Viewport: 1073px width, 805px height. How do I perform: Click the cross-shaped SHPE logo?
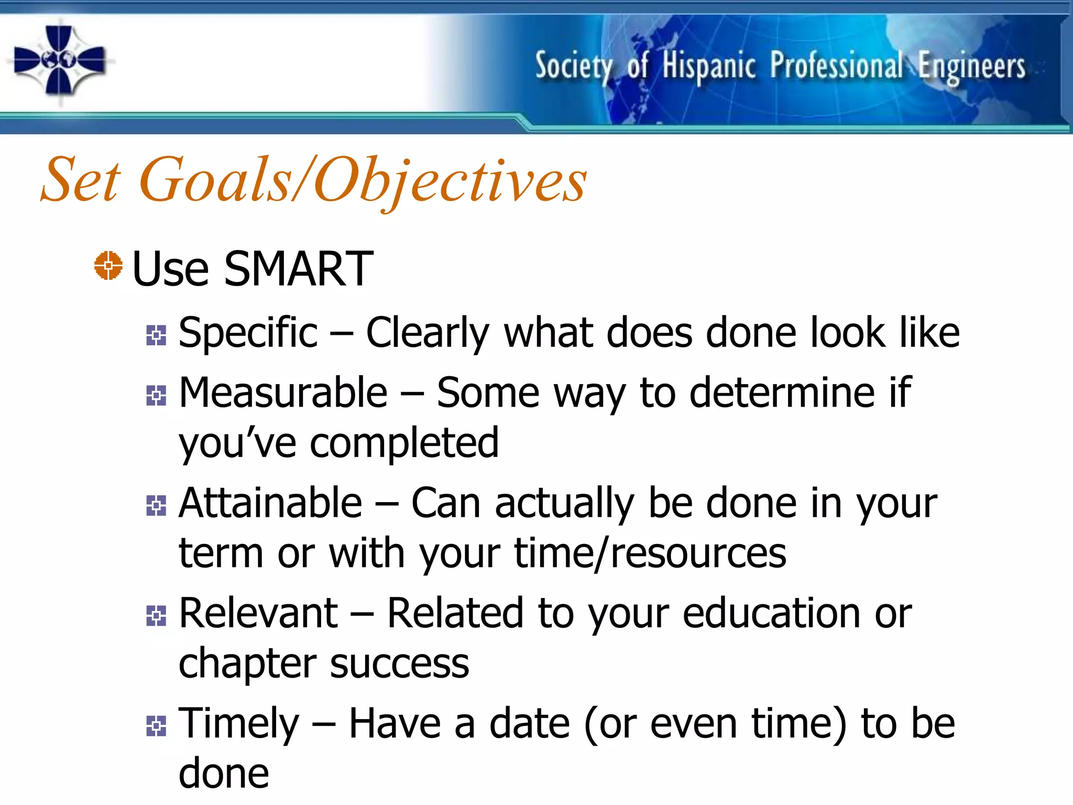pos(59,61)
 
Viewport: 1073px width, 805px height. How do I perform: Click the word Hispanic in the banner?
pos(708,67)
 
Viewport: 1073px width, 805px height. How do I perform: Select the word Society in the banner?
pos(573,67)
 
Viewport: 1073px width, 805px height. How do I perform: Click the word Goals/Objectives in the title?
pos(363,181)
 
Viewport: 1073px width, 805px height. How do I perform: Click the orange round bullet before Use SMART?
pos(108,266)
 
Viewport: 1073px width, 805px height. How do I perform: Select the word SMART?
pos(298,269)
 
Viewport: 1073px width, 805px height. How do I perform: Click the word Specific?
pos(248,333)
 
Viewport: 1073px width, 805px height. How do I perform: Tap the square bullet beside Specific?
pos(156,335)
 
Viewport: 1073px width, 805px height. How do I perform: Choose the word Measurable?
pos(283,393)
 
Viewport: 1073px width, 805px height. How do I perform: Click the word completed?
pos(404,443)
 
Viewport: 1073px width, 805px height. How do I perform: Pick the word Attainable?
pos(270,503)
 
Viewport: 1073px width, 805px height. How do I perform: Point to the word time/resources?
pos(650,554)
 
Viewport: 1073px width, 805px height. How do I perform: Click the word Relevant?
pos(258,613)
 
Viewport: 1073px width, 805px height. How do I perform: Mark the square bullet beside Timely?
pos(156,726)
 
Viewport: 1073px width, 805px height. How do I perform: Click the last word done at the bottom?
pos(224,774)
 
